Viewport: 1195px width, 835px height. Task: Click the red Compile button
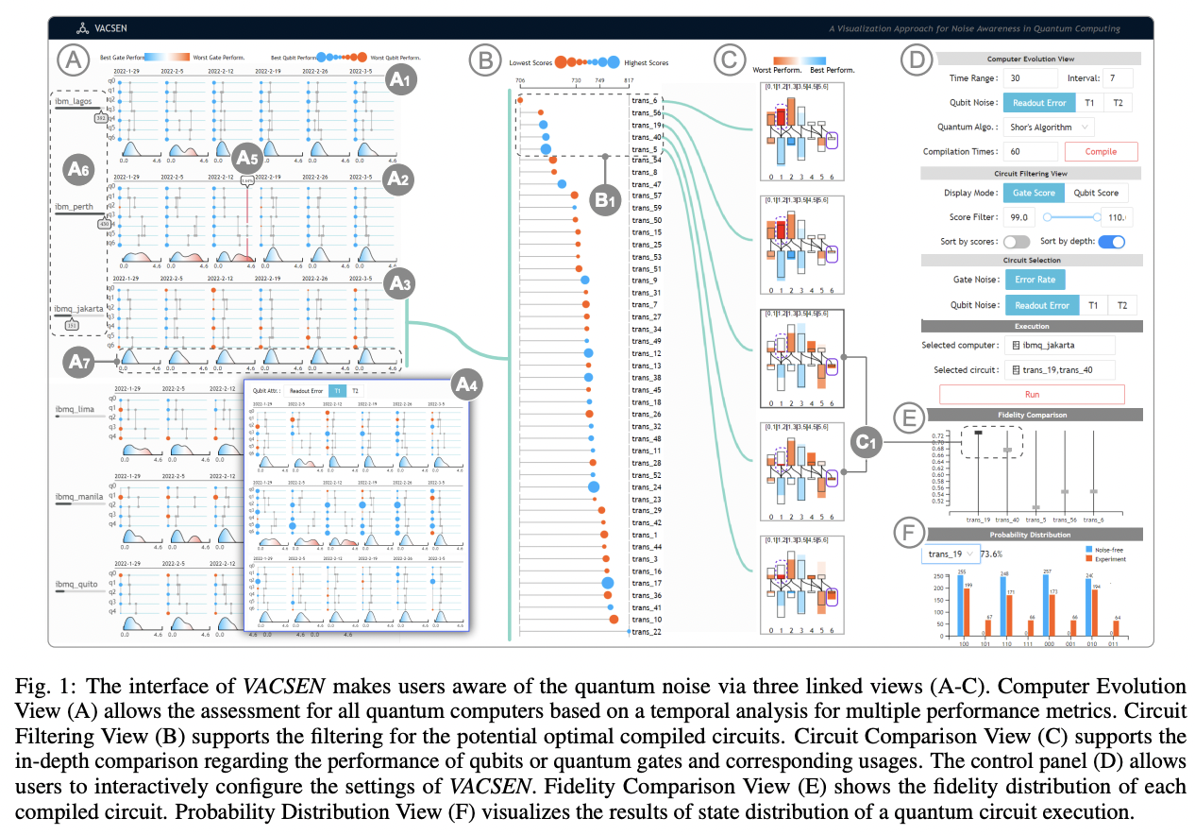(x=1101, y=151)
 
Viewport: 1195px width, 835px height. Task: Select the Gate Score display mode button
(x=1034, y=193)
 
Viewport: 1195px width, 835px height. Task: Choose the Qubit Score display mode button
(x=1096, y=193)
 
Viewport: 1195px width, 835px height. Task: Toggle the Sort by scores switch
(x=1016, y=242)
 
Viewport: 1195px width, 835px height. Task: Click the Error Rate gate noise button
(x=1034, y=279)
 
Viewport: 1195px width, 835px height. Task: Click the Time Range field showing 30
(x=1030, y=78)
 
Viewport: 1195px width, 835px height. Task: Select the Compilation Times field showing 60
(x=1030, y=151)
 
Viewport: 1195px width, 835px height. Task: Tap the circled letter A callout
(x=72, y=61)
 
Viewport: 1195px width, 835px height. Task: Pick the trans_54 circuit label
(x=646, y=161)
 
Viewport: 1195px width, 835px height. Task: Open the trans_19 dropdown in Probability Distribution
(x=950, y=554)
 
